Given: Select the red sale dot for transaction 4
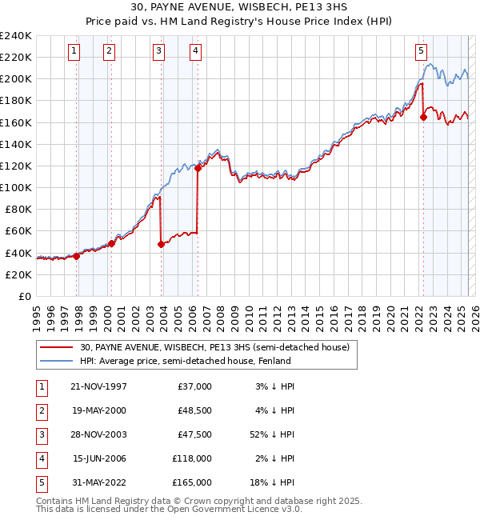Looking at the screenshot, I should [198, 168].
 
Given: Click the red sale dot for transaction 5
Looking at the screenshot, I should [424, 117].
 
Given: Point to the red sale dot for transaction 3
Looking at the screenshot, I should [162, 244].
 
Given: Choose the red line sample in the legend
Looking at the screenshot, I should [56, 348].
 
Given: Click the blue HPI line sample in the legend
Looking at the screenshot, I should [56, 361].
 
